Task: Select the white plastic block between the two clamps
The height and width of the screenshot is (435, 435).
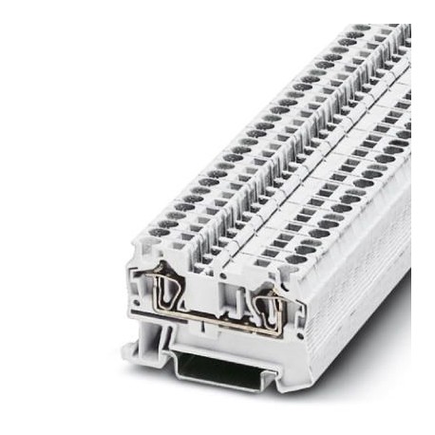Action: pos(204,285)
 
